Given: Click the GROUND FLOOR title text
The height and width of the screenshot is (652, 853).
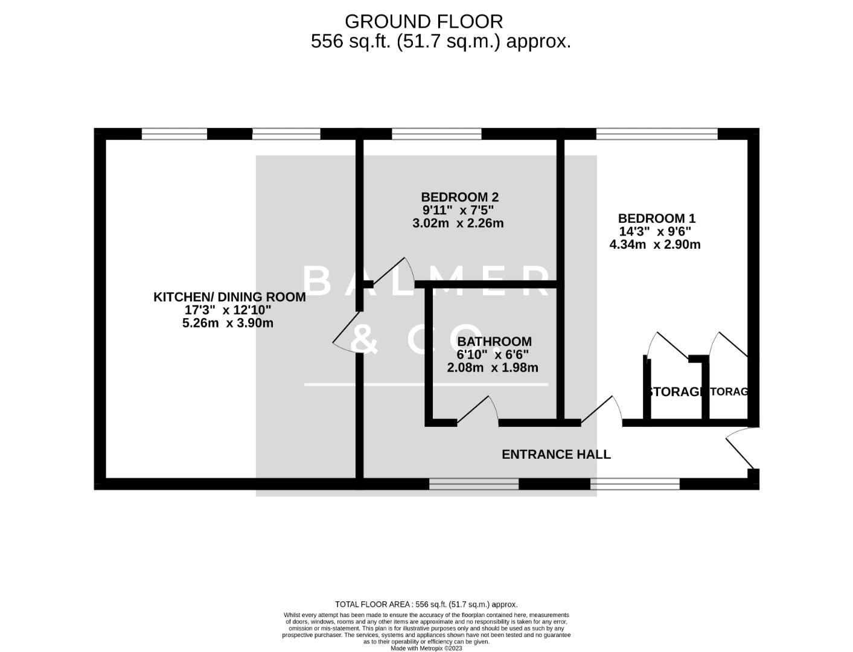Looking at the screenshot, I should coord(423,21).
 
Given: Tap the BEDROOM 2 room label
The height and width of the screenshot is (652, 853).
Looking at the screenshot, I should coord(459,197).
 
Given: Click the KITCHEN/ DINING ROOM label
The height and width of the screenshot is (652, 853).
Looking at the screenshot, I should coord(229,297).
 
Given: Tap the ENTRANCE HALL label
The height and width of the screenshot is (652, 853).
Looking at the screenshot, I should coord(556,454).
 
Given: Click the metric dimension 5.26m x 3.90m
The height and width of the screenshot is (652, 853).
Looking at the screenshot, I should coord(228,323).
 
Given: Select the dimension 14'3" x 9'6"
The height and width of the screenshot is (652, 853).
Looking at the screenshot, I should coord(655,231).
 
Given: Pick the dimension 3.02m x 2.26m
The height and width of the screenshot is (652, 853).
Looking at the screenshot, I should coord(458,223).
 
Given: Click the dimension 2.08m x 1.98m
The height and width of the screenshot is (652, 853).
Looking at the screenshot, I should coord(493,367).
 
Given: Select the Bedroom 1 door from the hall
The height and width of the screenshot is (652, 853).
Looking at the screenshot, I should coord(602,411).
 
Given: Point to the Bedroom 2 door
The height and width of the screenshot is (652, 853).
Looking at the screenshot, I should coord(392,272).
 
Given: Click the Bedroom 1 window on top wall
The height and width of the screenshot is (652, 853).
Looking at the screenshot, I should coord(656,134).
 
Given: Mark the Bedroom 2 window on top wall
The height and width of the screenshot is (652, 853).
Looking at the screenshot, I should coord(436,134).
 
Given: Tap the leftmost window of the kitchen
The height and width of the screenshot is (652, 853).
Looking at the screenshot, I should coord(174,134).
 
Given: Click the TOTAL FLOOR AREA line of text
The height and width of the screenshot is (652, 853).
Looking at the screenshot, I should coord(426,604).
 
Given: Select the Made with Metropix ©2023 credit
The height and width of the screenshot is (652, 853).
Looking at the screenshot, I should coord(426,648).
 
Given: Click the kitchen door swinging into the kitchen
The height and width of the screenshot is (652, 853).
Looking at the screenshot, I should coord(346,335).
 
